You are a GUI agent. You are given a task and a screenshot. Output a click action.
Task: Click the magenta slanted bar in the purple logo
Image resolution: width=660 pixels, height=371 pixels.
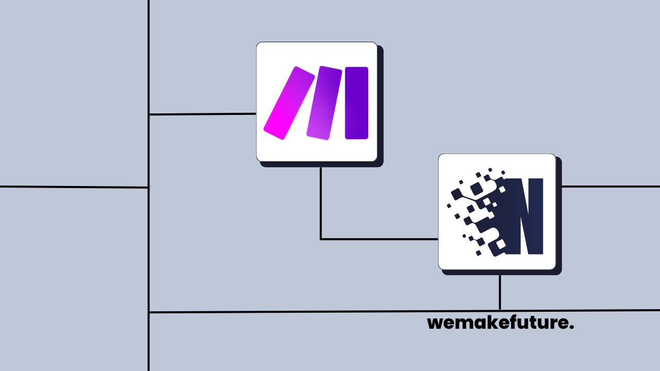click(x=289, y=103)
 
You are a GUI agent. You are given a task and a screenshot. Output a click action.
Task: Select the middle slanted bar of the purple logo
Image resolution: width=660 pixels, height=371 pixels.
click(x=324, y=103)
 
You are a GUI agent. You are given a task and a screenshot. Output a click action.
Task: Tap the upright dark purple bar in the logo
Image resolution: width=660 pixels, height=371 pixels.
click(x=356, y=103)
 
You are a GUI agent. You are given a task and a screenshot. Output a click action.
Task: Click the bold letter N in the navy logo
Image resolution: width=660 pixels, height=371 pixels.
click(x=524, y=216)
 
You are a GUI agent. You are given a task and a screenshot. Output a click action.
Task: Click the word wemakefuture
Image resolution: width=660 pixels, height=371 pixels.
click(x=500, y=323)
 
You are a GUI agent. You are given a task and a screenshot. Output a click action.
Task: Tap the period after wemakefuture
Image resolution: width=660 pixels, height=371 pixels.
click(x=571, y=327)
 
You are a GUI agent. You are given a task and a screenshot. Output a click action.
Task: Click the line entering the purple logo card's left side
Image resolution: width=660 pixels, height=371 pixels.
click(x=202, y=114)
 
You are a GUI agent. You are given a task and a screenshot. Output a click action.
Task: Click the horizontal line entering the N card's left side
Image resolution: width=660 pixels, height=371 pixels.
click(x=379, y=239)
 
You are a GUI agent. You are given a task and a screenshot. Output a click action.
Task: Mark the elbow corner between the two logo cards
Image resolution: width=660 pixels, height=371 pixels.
click(x=321, y=239)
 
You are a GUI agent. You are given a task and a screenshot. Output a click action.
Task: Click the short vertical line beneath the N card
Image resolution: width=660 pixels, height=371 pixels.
click(x=500, y=292)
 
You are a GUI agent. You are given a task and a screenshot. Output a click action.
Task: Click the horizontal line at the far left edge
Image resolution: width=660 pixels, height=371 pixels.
click(x=72, y=187)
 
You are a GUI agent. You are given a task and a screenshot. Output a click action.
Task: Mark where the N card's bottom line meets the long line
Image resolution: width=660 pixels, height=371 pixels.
click(x=500, y=311)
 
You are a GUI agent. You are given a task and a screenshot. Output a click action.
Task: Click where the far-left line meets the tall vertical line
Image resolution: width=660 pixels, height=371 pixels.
click(x=148, y=188)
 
